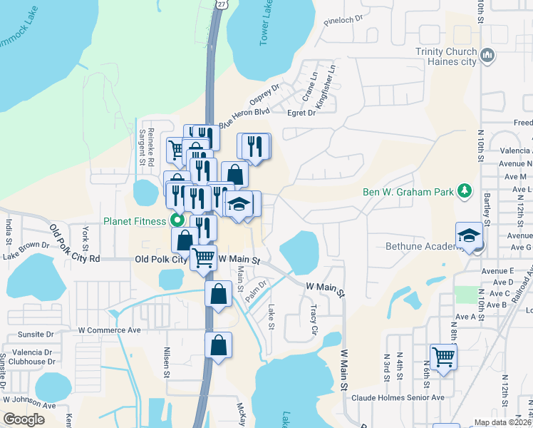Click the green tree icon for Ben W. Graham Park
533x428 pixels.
coord(465,190)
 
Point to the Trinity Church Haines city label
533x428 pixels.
coord(445,56)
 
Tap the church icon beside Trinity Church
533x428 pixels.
coord(488,55)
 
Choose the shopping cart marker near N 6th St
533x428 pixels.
coord(443,356)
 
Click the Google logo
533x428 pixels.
coord(24,419)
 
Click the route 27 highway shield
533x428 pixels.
coord(222,4)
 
